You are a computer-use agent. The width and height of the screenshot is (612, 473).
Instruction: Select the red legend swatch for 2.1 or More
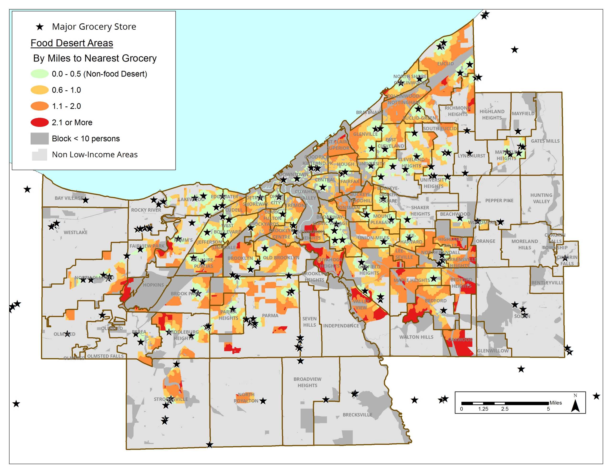[39, 122]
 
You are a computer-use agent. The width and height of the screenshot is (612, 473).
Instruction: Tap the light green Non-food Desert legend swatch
[39, 74]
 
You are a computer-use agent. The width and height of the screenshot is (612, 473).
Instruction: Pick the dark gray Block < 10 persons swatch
[39, 138]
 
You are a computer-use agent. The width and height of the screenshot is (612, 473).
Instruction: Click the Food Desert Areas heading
[72, 43]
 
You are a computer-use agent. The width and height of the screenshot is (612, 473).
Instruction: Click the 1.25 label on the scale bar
[483, 409]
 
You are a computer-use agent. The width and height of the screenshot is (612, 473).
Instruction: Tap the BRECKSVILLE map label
[357, 415]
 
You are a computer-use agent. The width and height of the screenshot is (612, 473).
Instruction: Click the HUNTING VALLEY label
[541, 198]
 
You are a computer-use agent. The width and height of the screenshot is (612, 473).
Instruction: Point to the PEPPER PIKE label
[499, 200]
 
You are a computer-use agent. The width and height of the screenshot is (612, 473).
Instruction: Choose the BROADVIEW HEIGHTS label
[307, 382]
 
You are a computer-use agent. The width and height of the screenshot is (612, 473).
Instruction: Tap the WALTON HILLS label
[416, 337]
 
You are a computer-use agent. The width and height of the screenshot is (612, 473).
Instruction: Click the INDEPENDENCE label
[341, 325]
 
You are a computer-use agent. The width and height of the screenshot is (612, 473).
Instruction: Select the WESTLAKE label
[75, 232]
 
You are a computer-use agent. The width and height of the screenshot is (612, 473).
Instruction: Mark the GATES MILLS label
[545, 141]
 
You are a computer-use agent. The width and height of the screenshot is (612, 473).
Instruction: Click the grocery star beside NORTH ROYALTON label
[263, 401]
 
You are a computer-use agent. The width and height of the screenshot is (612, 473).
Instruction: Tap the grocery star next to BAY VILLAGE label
[86, 200]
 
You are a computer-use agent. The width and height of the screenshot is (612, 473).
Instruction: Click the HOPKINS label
[153, 285]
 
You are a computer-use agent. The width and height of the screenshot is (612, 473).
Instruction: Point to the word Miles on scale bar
[555, 403]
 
